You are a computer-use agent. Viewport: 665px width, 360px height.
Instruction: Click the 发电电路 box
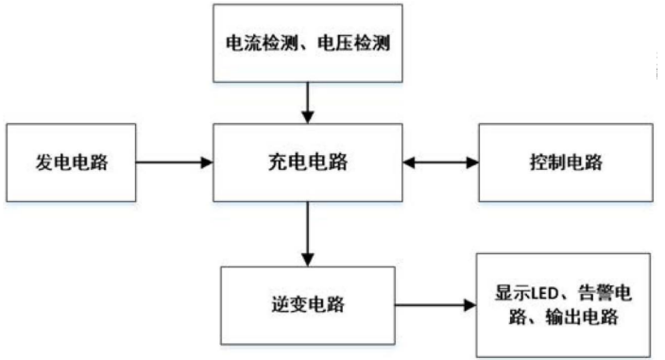(71, 162)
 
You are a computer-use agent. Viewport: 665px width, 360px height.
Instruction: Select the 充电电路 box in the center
(307, 162)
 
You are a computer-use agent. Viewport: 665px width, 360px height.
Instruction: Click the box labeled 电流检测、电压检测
(307, 43)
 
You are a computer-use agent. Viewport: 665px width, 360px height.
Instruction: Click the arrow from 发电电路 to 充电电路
(175, 162)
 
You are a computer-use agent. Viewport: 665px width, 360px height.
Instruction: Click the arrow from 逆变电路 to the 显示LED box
(435, 305)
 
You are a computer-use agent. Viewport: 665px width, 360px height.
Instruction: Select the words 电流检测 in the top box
(258, 43)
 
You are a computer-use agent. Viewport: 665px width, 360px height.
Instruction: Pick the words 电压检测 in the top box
(356, 43)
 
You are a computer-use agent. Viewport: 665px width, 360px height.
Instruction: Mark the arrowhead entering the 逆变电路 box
(307, 259)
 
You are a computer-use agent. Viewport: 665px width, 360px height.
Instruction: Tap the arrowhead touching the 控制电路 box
(471, 162)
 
